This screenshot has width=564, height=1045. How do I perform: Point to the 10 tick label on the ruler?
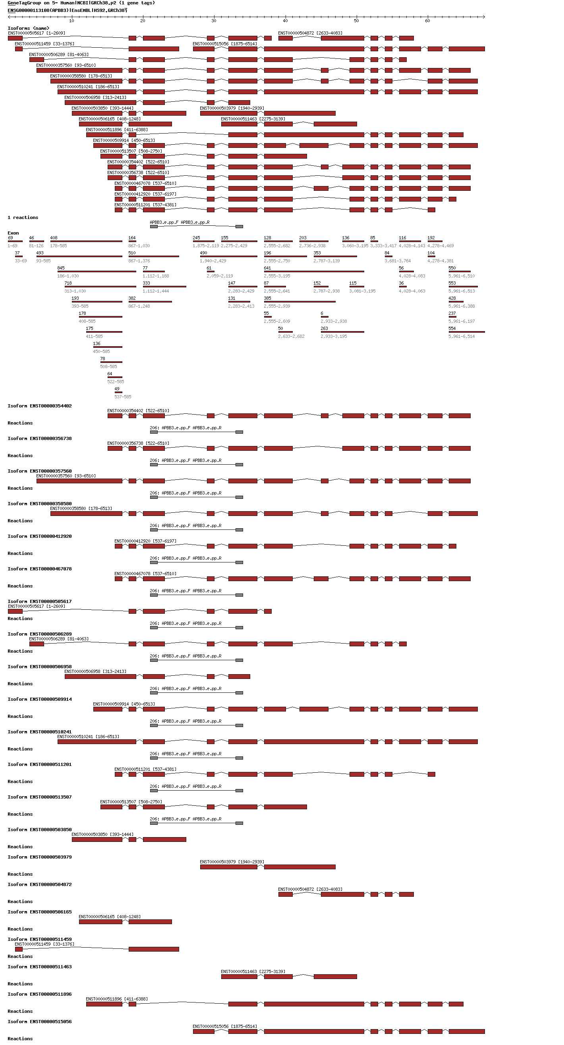coord(71,21)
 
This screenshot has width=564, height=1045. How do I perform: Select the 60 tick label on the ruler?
coord(427,21)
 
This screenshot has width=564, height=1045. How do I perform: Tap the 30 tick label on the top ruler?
coord(214,21)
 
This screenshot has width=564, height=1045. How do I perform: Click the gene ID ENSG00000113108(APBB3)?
coord(38,10)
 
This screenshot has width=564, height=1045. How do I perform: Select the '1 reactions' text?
coord(23,217)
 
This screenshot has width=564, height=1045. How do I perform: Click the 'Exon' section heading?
coord(13,233)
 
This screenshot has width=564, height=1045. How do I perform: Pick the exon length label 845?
coord(61,268)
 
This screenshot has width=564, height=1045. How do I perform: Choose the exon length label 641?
coord(267,268)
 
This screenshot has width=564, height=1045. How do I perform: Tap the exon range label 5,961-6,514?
coord(462,336)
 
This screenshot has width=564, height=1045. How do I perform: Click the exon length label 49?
coord(117,389)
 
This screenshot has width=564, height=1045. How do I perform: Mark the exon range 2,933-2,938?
coord(333,321)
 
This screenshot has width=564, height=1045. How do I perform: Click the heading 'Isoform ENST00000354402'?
coord(39,406)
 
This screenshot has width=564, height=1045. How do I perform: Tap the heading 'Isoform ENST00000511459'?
coord(39,939)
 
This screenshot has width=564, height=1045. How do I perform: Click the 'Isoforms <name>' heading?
coord(28,28)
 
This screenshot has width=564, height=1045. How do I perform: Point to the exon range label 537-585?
coord(122,397)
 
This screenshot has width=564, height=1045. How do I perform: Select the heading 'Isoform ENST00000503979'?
coord(39,857)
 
